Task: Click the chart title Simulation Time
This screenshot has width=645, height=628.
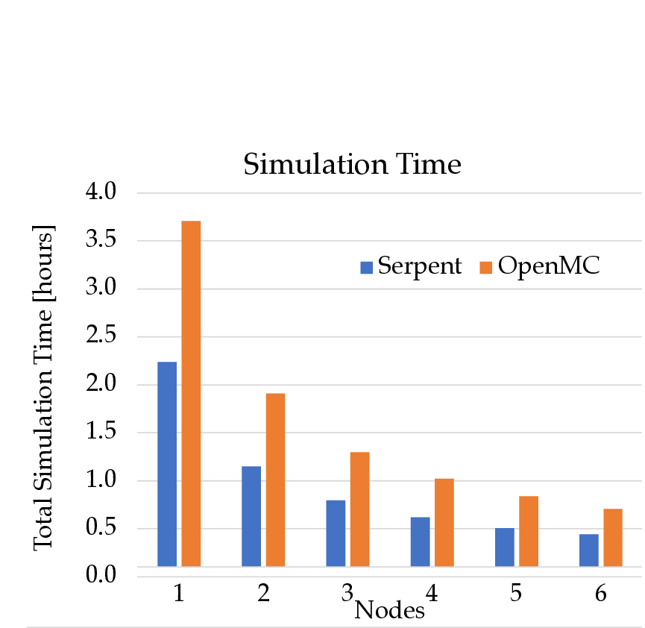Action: (352, 165)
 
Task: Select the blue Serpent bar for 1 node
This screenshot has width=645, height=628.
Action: (167, 464)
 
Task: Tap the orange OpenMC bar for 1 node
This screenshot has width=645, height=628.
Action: (191, 394)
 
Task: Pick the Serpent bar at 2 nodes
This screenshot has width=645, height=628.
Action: (251, 516)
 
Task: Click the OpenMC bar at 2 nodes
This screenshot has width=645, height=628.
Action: (275, 480)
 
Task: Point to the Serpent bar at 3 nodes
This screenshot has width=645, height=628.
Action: (336, 533)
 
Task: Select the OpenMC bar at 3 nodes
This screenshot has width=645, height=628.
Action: (359, 509)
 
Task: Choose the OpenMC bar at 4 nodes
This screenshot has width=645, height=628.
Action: (444, 522)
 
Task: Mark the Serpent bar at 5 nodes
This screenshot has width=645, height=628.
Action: (504, 547)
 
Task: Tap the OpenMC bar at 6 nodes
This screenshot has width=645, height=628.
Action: (612, 538)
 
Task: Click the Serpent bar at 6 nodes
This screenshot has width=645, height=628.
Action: (588, 550)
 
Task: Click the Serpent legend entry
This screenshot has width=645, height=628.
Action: (411, 266)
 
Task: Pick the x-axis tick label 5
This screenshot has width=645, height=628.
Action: (516, 594)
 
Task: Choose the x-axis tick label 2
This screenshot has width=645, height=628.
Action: (263, 594)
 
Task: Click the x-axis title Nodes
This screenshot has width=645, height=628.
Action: (389, 611)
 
